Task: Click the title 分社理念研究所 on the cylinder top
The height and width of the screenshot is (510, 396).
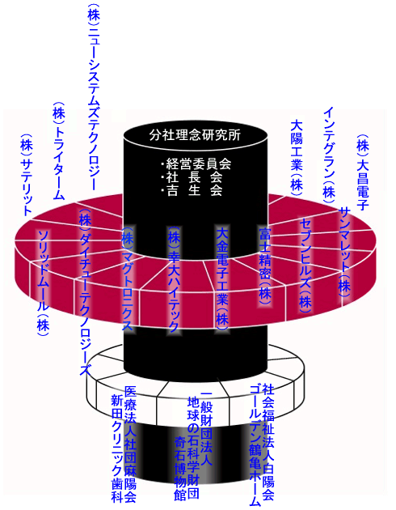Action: click(195, 134)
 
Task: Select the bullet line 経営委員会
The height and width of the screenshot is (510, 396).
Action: click(196, 164)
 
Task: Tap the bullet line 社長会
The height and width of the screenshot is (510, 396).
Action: click(192, 177)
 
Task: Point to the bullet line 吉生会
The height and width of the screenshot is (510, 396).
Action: click(192, 190)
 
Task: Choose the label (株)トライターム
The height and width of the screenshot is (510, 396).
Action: click(58, 151)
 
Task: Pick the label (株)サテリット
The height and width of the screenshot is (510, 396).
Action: click(27, 175)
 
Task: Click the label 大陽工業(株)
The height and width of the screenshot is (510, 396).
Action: click(297, 157)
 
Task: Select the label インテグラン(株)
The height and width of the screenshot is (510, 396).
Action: click(329, 155)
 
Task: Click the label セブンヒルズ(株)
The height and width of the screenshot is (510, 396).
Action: click(305, 265)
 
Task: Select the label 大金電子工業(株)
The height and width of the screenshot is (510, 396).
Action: click(223, 278)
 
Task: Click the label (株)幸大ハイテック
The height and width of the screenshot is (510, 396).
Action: click(174, 279)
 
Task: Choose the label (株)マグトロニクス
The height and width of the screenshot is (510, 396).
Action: click(127, 278)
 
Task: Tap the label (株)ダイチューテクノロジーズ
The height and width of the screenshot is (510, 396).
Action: click(85, 291)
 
